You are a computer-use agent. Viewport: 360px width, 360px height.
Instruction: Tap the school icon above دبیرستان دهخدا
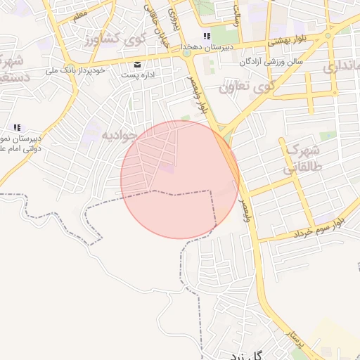206,36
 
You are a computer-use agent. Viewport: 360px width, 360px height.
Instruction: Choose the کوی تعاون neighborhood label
245,87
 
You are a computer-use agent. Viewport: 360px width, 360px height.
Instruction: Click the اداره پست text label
138,74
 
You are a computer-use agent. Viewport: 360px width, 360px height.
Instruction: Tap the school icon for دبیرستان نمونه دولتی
18,127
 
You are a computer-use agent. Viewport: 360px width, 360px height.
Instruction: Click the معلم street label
79,13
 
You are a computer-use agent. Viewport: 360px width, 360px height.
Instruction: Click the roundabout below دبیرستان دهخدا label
186,53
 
